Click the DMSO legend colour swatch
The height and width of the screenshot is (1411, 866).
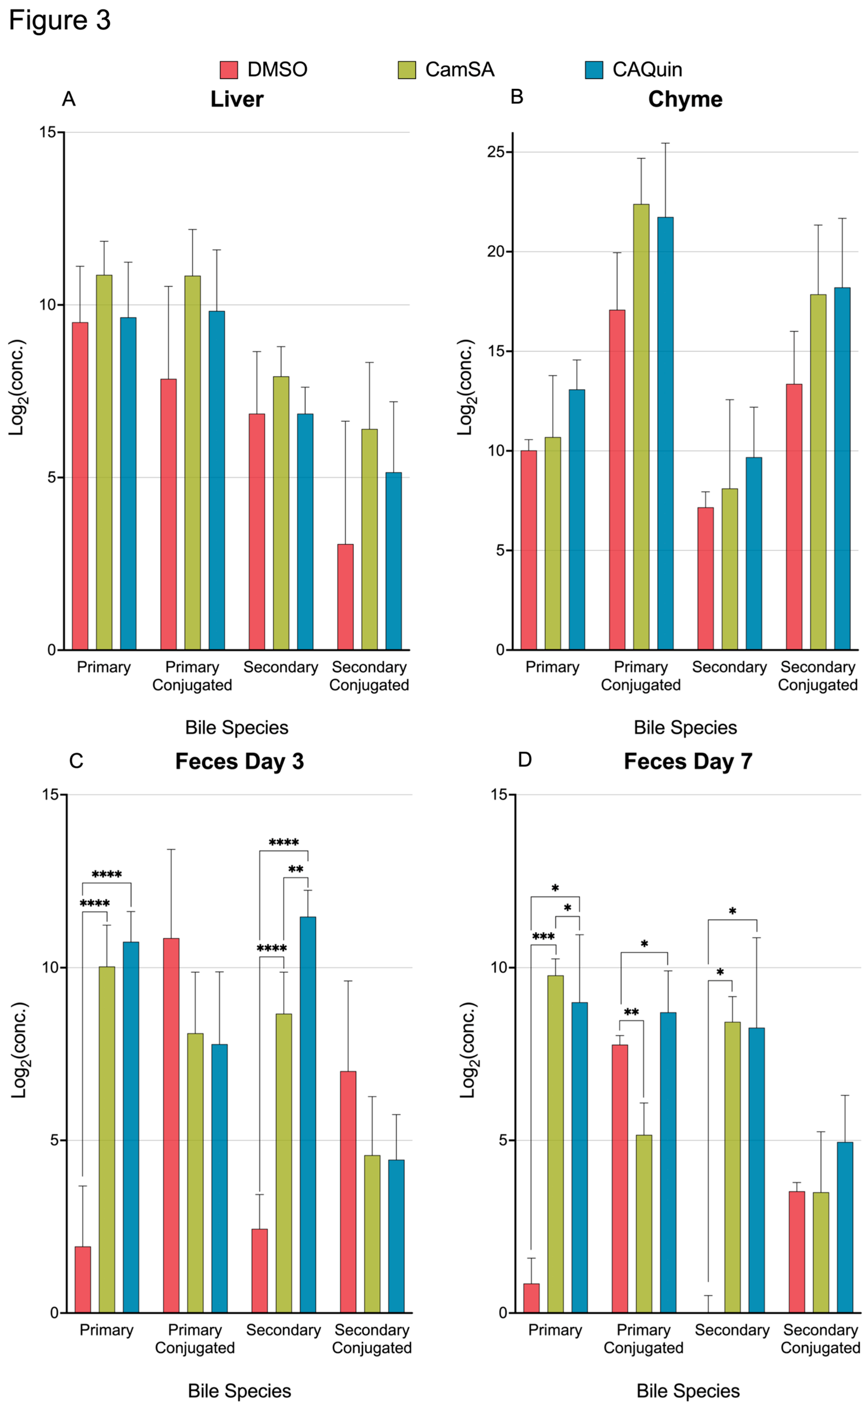[x=229, y=70]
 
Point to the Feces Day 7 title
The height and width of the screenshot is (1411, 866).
[x=688, y=762]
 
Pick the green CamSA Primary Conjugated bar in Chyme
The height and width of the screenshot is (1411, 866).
[x=641, y=427]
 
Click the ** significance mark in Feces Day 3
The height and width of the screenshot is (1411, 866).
[x=296, y=870]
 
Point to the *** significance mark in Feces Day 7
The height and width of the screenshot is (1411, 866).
[x=543, y=937]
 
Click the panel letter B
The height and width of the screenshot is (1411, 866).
[x=517, y=97]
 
